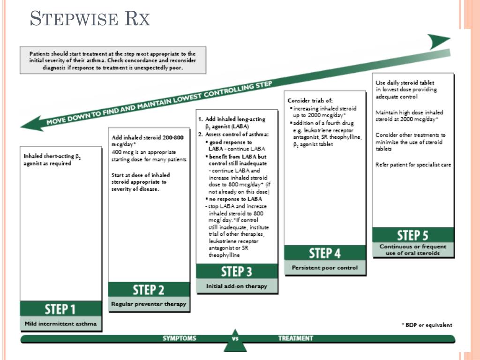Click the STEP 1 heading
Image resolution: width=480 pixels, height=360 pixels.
[x=60, y=309]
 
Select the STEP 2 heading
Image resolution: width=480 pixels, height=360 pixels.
[x=149, y=290]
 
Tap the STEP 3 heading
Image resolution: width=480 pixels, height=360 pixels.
[x=236, y=271]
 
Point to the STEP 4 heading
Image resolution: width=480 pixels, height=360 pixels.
[x=324, y=254]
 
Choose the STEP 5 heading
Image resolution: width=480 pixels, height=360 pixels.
[x=412, y=235]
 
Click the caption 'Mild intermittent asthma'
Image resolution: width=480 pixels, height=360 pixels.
[x=60, y=323]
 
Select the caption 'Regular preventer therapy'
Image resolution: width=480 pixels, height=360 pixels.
[x=149, y=304]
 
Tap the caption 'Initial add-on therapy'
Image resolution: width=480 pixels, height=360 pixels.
[x=236, y=286]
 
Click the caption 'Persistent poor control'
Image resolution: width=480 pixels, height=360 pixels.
[x=324, y=268]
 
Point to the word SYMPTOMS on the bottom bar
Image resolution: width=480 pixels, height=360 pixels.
[x=180, y=338]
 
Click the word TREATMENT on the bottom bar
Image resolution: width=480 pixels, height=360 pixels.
[x=295, y=338]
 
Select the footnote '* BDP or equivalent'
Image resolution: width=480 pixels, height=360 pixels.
[x=427, y=325]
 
